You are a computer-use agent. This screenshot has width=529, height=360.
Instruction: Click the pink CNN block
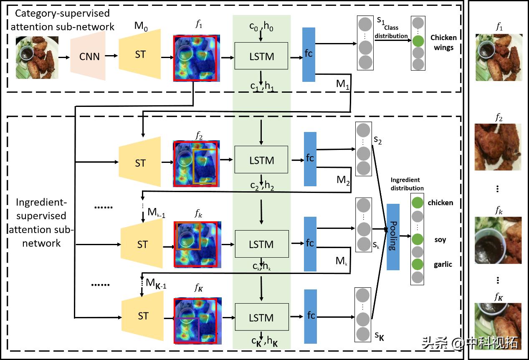[x=89, y=56]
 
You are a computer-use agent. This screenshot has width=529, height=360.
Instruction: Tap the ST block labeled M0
[x=140, y=55]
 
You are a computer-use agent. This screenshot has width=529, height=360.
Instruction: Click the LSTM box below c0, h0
[x=261, y=56]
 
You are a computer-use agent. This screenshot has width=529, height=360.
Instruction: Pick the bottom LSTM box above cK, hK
[x=261, y=318]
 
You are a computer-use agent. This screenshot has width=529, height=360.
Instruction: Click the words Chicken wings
[x=443, y=42]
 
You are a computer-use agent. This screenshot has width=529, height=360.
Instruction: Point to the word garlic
[x=443, y=264]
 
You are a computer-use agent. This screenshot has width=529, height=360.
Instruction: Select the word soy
[x=440, y=240]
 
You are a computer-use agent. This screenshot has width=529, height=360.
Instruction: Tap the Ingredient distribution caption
[x=407, y=184]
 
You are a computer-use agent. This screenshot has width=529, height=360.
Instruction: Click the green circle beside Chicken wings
[x=418, y=41]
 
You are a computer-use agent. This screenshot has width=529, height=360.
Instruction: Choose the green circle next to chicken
[x=418, y=203]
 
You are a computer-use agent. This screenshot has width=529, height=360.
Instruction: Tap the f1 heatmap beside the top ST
[x=195, y=58]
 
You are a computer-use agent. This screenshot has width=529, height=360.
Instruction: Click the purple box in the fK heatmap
[x=187, y=328]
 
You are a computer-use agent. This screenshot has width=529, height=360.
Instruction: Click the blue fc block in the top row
[x=309, y=54]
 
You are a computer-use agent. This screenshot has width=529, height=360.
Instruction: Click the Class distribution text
[x=391, y=32]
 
